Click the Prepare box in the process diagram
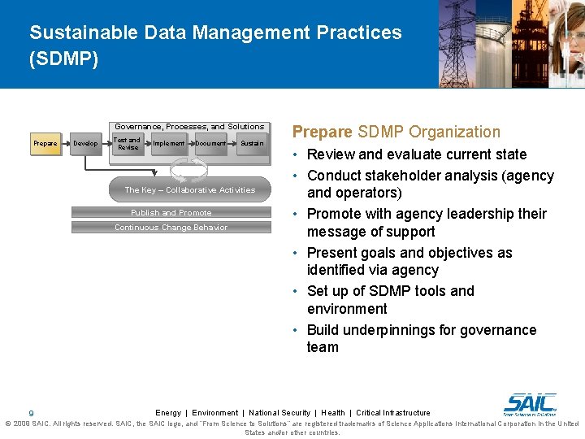(45, 144)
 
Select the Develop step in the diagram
(85, 144)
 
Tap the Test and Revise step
(128, 144)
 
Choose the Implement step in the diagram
(169, 144)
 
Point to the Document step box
(210, 144)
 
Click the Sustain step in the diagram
(251, 144)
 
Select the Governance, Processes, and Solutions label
(189, 127)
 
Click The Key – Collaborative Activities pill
(189, 189)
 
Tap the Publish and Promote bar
(171, 213)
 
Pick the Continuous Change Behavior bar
(171, 228)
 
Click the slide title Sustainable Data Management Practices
(215, 33)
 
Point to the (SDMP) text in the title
(63, 59)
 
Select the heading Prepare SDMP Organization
(396, 132)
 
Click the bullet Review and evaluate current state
(417, 154)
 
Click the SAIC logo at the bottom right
(530, 403)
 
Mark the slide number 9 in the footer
(31, 414)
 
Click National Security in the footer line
(279, 413)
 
